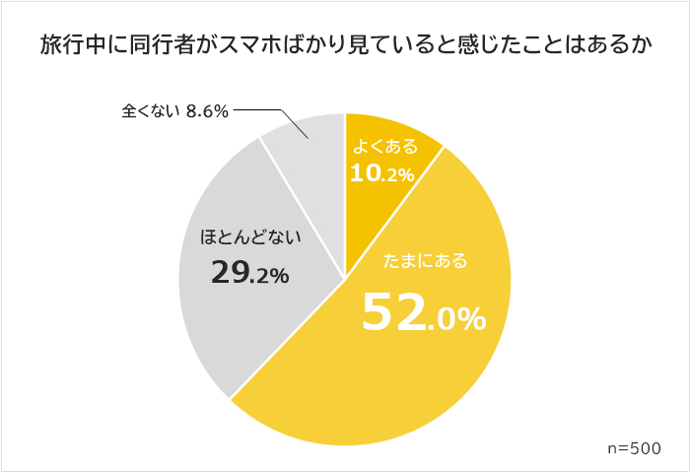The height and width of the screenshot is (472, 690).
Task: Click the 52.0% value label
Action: [423, 312]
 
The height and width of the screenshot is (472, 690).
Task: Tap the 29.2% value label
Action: [249, 274]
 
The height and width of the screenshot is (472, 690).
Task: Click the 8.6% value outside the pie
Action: [207, 111]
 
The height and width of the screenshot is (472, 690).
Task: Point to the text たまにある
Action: [424, 262]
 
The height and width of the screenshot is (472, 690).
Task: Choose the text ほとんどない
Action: [249, 237]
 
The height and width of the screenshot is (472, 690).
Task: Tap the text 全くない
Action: [150, 111]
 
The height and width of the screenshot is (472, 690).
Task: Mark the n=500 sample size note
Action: [634, 446]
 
